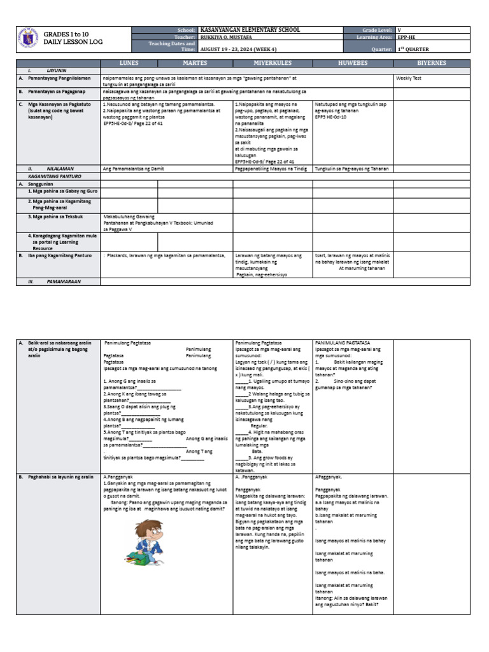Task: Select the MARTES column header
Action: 195,63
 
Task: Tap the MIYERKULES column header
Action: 272,63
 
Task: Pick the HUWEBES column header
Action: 353,63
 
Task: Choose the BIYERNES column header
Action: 432,63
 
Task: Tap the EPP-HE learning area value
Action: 407,38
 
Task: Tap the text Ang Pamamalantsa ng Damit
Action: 133,169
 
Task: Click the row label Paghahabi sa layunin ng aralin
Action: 60,476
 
